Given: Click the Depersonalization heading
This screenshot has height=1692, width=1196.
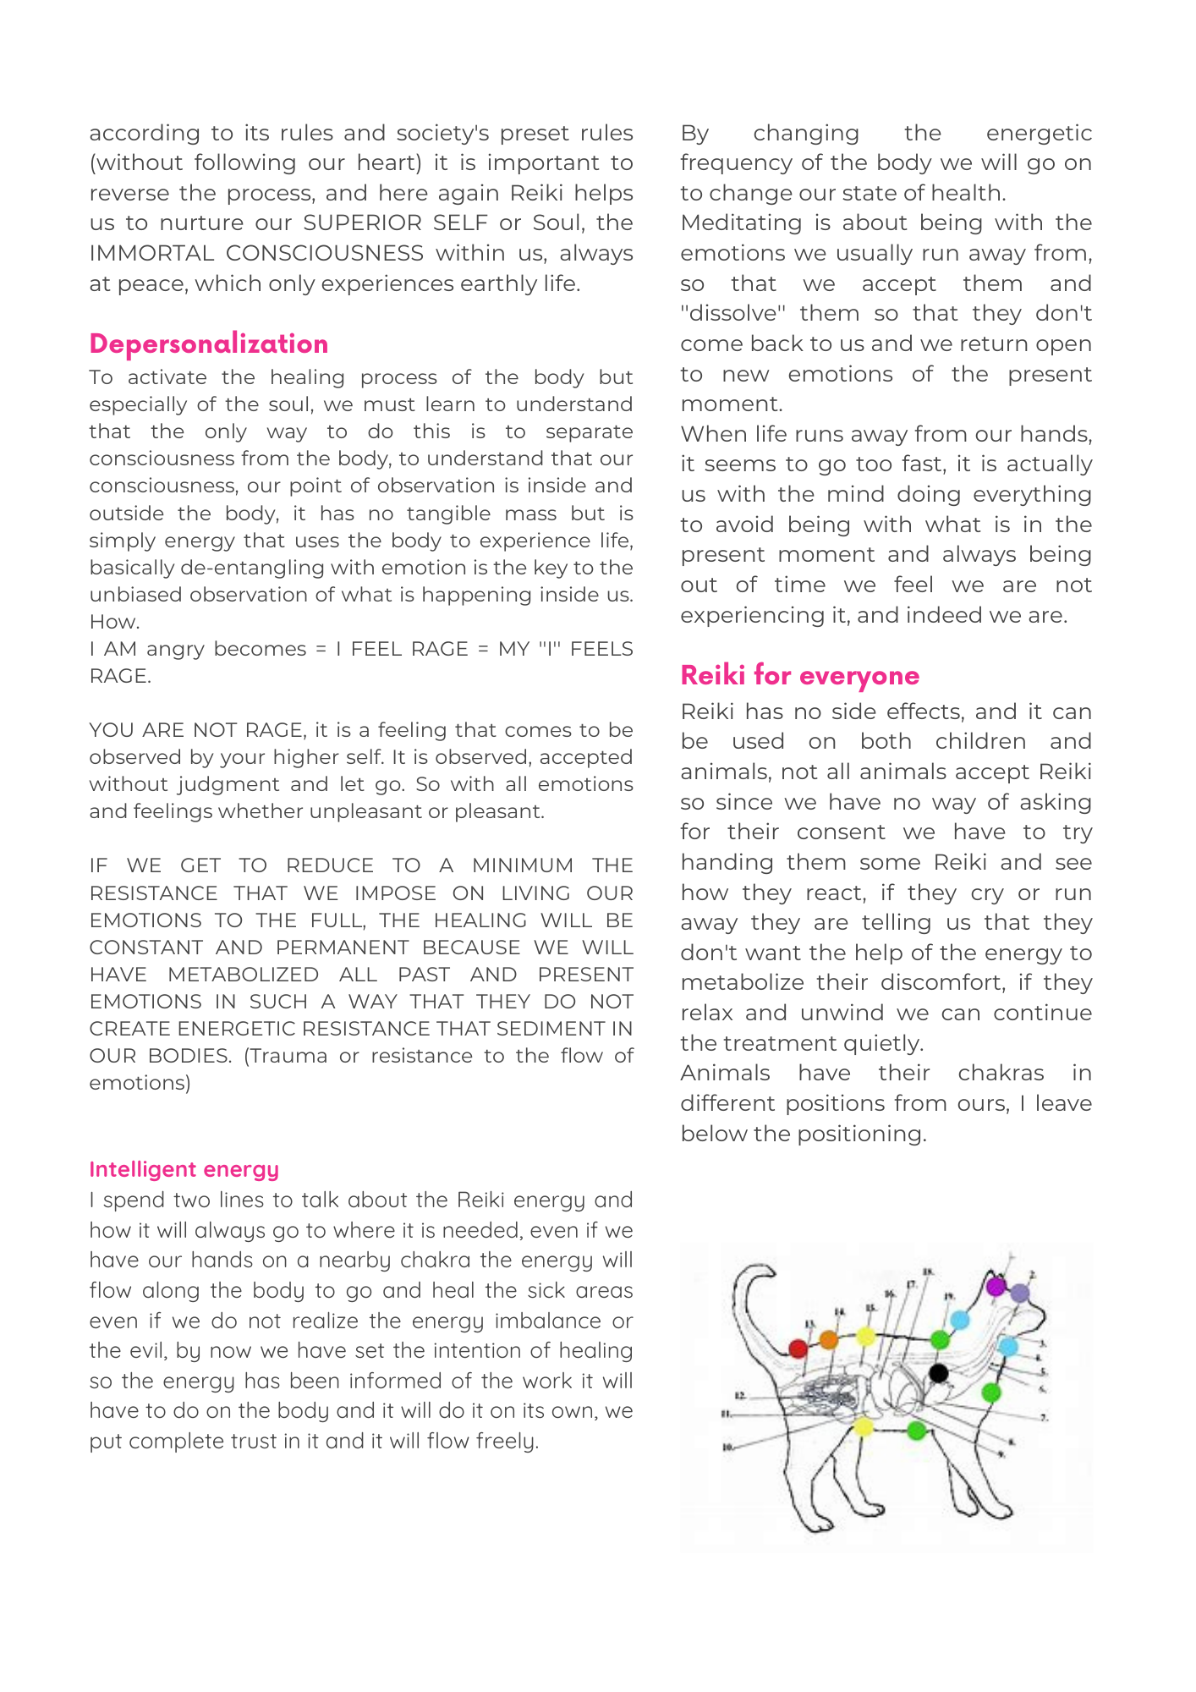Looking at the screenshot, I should [x=208, y=343].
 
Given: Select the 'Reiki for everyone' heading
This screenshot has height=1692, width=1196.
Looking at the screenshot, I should [x=799, y=675].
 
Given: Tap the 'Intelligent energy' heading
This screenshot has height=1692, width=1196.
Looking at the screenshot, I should [x=184, y=1169].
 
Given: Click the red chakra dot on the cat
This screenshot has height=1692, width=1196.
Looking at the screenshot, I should [x=798, y=1348].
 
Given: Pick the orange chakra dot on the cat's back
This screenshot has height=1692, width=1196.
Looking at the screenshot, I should [x=829, y=1340].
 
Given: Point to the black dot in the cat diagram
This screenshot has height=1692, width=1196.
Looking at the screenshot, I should [x=938, y=1372].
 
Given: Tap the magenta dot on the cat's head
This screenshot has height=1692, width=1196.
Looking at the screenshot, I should [x=996, y=1286].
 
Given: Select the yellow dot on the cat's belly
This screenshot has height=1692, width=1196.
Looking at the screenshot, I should [x=863, y=1428].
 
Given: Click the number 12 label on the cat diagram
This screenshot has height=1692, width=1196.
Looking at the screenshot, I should [x=738, y=1395].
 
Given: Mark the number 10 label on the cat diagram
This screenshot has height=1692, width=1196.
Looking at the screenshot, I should [x=727, y=1448].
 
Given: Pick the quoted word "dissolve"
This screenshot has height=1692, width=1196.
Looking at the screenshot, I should [x=732, y=314].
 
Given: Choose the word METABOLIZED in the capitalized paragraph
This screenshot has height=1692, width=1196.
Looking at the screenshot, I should [x=243, y=975].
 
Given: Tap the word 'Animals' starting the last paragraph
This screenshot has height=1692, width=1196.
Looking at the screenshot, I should [x=725, y=1074].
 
